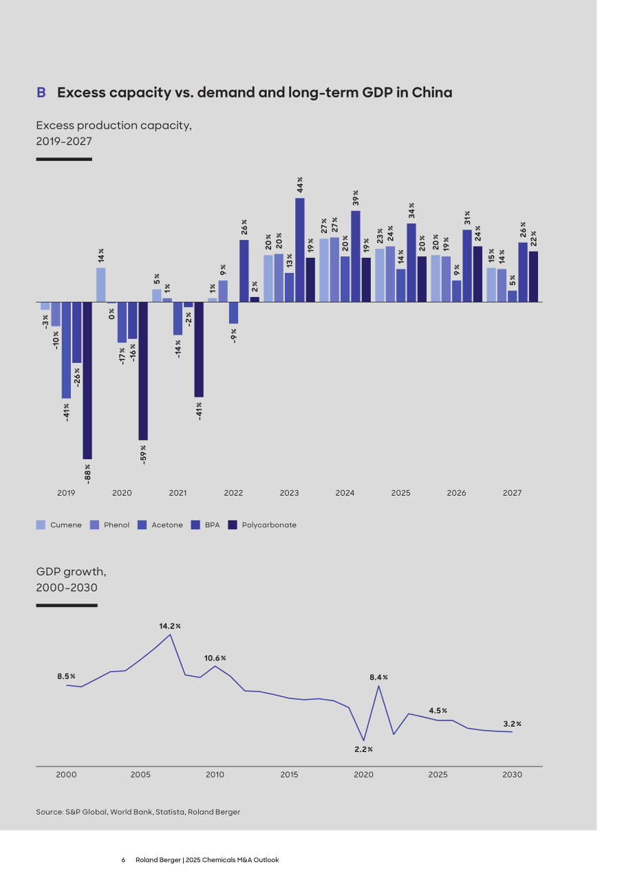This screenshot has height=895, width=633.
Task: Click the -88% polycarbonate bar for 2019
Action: [87, 380]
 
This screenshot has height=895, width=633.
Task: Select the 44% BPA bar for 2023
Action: [299, 250]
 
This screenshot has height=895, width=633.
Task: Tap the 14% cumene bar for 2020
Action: [100, 285]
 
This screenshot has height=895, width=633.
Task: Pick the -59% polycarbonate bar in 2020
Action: [142, 371]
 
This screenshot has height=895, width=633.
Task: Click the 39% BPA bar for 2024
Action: [356, 256]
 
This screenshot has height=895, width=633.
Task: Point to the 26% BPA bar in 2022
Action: [244, 271]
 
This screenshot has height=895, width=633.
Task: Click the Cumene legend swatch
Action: [41, 524]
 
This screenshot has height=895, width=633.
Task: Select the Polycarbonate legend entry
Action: [262, 524]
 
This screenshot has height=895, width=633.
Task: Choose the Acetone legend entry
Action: [160, 524]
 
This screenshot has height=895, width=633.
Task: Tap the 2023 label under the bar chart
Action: [289, 493]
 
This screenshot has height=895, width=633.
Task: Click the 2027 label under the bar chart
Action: [512, 493]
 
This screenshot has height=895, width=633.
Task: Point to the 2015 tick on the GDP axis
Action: [289, 774]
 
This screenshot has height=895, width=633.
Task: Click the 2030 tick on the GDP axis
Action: [512, 774]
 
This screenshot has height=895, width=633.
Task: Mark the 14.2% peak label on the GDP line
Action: [170, 626]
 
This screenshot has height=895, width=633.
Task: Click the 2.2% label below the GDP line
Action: [363, 749]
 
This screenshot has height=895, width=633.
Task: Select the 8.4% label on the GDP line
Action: [378, 677]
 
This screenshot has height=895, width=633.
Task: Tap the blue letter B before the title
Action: [41, 92]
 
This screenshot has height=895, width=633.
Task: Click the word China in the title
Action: [432, 92]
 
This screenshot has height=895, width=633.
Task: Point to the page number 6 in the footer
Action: [123, 860]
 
